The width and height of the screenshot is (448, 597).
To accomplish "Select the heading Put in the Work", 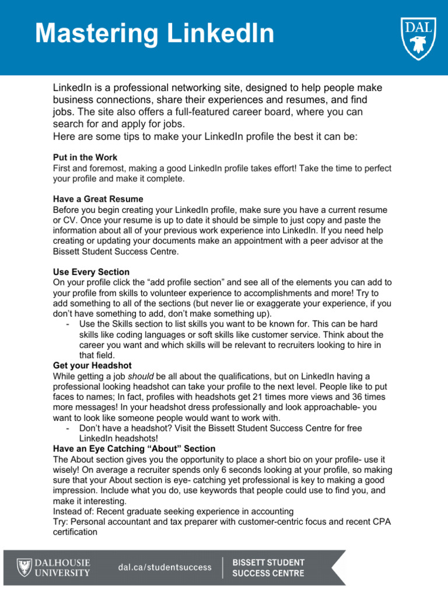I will point(85,157).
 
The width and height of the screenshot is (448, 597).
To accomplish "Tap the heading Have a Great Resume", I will point(98,199).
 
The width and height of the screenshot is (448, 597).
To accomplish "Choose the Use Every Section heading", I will point(91,272).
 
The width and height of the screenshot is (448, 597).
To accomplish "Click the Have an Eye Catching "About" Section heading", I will point(134,448).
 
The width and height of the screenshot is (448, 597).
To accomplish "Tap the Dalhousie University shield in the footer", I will point(23,567).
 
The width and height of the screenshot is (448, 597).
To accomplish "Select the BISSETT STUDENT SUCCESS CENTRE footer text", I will point(268,567).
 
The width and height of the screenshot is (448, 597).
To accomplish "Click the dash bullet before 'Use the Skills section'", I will point(69,324).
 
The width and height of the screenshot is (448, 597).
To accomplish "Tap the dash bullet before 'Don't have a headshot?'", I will point(69,428).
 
